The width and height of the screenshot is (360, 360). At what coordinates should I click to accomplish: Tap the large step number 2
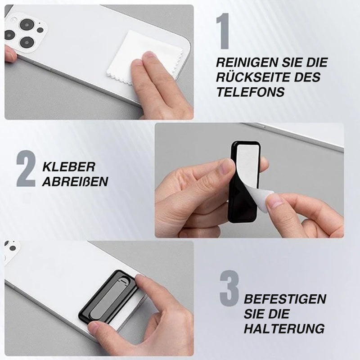click(26, 168)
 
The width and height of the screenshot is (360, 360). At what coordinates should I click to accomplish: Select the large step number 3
click(229, 288)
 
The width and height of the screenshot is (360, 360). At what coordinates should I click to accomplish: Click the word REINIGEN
click(247, 63)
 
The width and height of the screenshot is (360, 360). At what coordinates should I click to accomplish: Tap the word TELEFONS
click(251, 92)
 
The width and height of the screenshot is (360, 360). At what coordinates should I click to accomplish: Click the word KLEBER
click(69, 167)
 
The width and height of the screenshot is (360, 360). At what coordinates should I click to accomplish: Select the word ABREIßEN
click(75, 182)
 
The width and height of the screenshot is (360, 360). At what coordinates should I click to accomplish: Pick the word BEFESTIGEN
click(285, 299)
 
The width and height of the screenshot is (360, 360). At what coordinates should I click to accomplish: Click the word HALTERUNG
click(284, 328)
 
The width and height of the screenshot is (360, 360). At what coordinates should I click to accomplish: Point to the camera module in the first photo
click(26, 33)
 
